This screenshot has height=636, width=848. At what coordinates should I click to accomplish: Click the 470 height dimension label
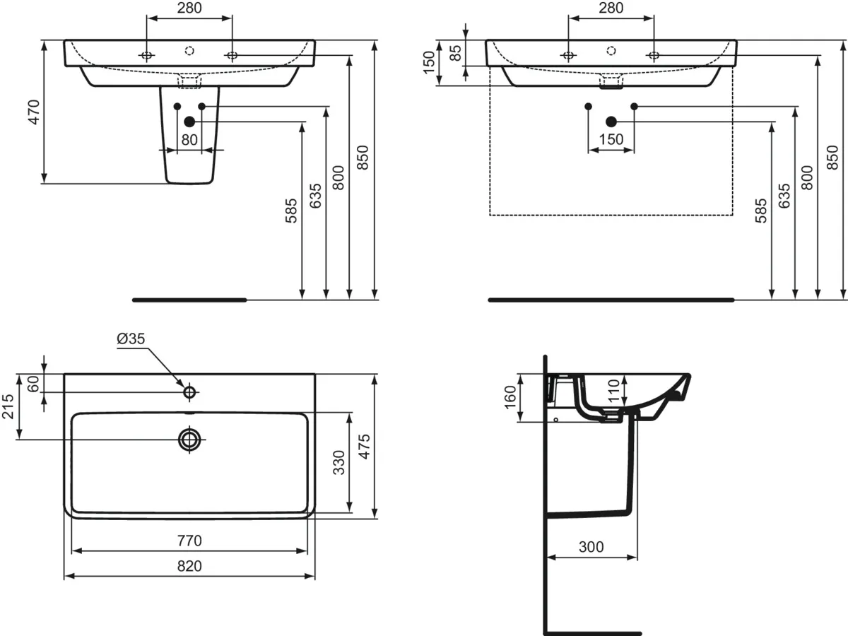(35, 112)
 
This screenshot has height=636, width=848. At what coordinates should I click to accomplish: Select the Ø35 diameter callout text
(131, 338)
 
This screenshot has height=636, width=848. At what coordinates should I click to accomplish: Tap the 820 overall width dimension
(189, 566)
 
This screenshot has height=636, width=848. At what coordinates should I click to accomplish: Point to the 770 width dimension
(189, 541)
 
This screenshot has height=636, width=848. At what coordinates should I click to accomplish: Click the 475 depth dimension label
(365, 447)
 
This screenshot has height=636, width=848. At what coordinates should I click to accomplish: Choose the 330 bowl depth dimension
(338, 462)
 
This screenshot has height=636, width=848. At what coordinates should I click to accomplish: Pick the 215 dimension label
(8, 406)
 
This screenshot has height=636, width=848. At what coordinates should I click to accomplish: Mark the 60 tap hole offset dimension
(34, 384)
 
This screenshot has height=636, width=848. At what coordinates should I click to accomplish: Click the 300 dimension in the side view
(591, 547)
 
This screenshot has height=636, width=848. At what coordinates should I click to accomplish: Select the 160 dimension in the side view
(510, 397)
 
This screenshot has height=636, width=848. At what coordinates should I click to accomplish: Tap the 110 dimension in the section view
(613, 390)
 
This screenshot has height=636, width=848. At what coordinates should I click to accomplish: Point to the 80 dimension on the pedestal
(189, 140)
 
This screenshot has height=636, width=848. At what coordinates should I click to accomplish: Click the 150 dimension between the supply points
(611, 139)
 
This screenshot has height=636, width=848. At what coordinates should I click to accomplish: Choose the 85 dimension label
(457, 53)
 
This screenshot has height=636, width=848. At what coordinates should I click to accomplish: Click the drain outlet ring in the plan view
(189, 439)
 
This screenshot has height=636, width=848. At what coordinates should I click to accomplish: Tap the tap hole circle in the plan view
(189, 392)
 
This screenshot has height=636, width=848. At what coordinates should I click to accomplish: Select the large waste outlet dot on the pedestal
(189, 122)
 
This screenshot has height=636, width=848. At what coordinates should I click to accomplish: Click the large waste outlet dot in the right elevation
(611, 122)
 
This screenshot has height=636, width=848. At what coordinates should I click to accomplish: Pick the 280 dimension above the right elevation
(611, 8)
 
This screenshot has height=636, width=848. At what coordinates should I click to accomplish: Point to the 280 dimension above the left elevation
(189, 8)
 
